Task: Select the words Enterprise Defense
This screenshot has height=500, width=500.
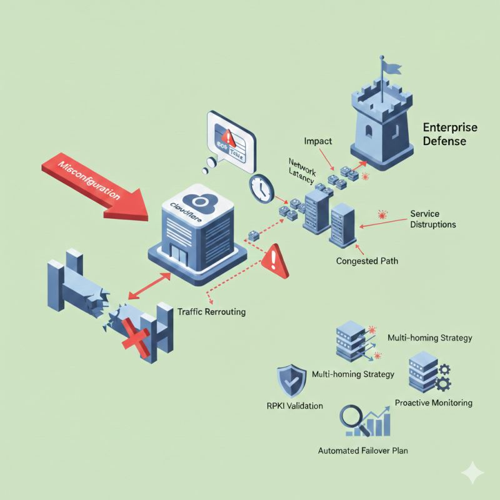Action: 450,134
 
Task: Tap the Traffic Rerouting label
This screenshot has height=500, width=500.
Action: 212,311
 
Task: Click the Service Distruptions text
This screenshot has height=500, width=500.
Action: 432,219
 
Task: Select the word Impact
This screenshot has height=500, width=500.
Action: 318,142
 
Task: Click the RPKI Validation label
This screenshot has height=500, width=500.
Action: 291,406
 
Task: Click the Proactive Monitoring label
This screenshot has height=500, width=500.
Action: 434,402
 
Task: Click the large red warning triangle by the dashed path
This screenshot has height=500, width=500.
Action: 276,263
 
